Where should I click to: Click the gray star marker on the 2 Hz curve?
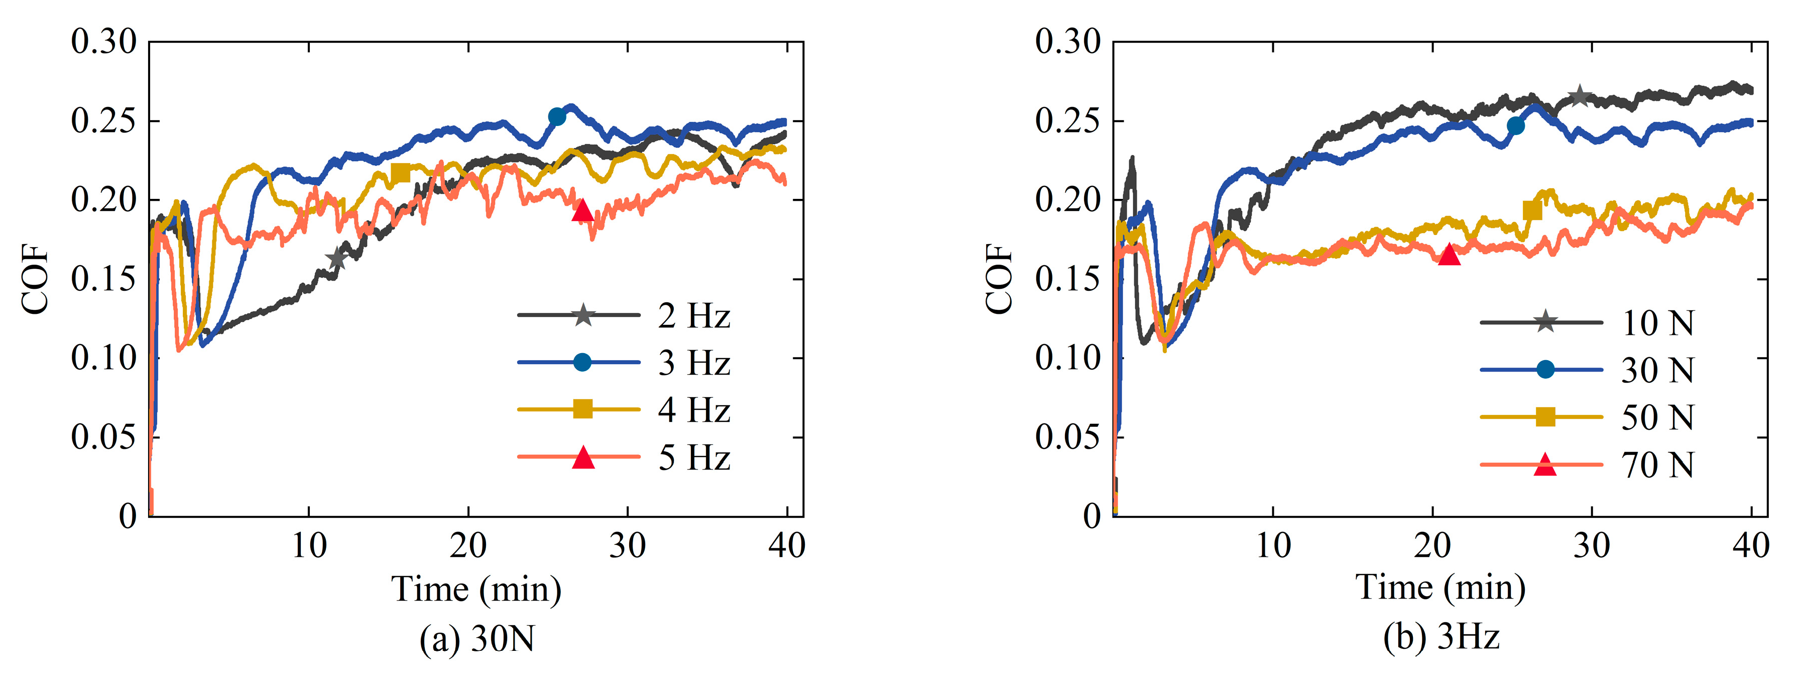point(337,258)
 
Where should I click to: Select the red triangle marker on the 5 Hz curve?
point(582,210)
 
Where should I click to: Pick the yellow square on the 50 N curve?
point(1532,210)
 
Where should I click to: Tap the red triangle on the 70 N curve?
point(1450,255)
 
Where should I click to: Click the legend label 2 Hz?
point(693,316)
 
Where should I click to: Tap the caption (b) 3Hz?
point(1441,637)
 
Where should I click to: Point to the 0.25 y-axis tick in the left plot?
point(103,121)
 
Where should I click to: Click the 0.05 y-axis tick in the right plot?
point(1067,437)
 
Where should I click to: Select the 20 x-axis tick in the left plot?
point(468,545)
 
